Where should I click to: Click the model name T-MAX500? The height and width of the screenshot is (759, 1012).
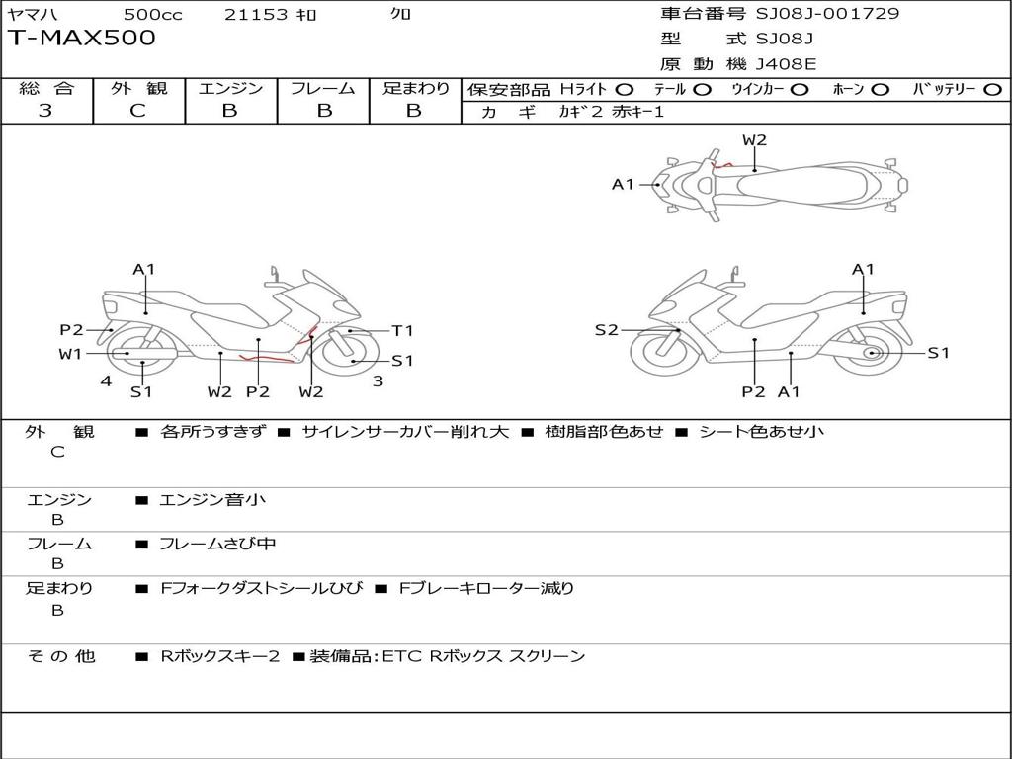[82, 39]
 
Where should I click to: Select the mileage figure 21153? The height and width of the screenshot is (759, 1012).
[256, 14]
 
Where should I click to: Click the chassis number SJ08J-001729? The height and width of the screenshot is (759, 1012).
[827, 14]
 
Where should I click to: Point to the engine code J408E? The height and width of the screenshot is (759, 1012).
[786, 64]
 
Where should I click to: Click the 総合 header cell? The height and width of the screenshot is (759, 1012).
[46, 89]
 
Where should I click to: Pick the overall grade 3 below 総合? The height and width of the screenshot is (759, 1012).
[45, 111]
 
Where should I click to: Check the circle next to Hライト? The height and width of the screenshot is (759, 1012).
[625, 90]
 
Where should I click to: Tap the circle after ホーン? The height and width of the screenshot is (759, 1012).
[881, 90]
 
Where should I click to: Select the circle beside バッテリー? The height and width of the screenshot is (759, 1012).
[993, 90]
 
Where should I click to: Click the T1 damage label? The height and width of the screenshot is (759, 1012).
[402, 331]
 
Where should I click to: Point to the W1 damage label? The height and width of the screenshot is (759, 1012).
[70, 354]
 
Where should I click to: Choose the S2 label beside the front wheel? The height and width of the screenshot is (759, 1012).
[606, 330]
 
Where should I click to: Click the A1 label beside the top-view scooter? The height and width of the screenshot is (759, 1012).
[623, 184]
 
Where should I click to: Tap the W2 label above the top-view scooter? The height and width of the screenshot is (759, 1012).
[754, 140]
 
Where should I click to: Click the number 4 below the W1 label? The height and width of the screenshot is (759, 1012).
[105, 380]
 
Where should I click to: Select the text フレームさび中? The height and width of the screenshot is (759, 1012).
[217, 544]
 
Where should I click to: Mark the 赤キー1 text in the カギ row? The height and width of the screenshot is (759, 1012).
[638, 112]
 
